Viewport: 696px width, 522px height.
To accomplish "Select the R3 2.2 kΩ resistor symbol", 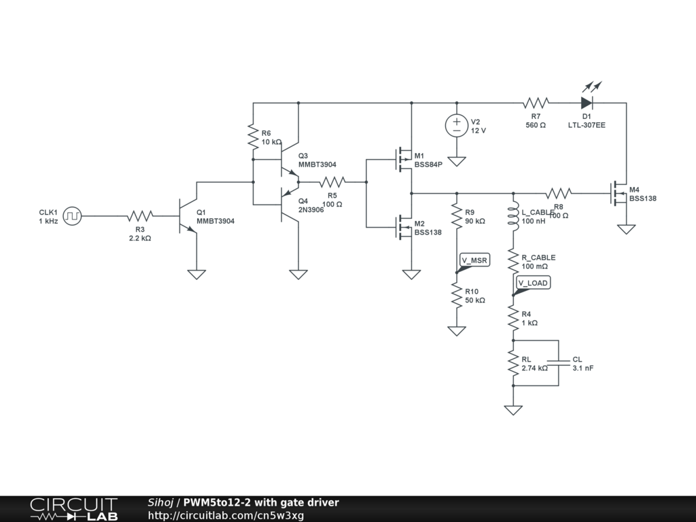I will point(139,217).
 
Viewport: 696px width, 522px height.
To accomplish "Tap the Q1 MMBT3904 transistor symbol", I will point(186,217).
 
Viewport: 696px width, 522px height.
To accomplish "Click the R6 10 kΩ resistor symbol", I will point(253,137).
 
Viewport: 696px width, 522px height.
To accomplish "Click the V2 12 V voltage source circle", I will point(457,126).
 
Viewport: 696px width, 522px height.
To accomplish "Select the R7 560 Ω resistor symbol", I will point(536,103).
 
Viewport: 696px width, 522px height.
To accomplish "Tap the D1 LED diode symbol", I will point(587,103).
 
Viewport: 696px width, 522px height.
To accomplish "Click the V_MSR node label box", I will point(474,260).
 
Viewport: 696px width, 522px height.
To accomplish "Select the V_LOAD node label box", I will point(533,283).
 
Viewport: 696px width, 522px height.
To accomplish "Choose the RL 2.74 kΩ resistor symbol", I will point(513,364).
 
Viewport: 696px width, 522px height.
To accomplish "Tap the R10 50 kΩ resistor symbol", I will point(457,295).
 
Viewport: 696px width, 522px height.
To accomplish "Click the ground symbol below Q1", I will point(196,275).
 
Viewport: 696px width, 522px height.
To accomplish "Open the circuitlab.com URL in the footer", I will point(226,515).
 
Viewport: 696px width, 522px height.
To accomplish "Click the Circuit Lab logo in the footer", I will point(73,509).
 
